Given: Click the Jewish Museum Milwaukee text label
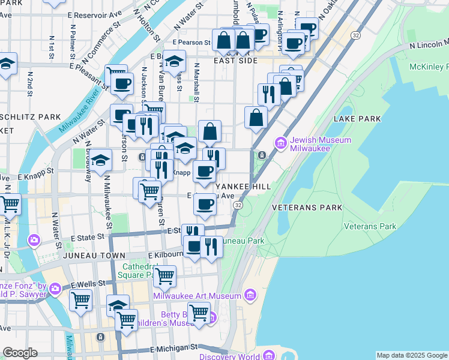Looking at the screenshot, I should coord(310,143).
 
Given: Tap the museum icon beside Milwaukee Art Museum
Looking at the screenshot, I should coord(250,295).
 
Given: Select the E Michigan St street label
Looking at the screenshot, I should coord(174,347).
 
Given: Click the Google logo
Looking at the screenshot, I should coord(20,353).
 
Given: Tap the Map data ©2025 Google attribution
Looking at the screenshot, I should coord(412,355).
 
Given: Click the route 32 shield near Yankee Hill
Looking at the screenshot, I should coord(238,205).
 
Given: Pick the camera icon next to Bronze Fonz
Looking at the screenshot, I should coord(55,289).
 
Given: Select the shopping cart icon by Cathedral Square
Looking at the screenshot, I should coord(164,276).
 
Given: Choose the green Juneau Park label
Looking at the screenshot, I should coord(243,241).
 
